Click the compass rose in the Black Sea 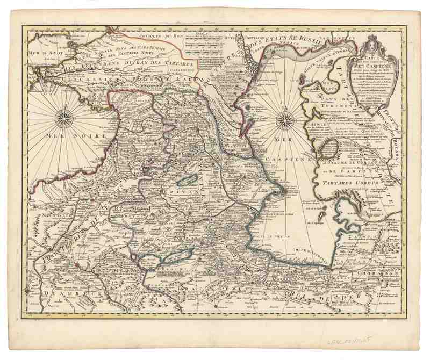pyautogui.click(x=63, y=118)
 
